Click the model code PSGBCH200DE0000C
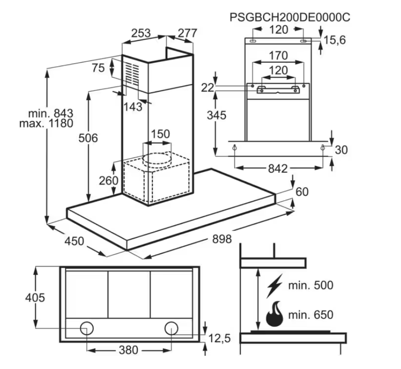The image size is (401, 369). coord(290,18)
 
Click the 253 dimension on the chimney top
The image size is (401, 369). coord(141,33)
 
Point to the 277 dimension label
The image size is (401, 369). coord(187,33)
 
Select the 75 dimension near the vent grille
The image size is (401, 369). coord(98,68)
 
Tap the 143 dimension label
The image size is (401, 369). coord(133,107)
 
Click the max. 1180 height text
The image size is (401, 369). coord(47,124)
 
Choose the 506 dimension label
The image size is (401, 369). coord(88,138)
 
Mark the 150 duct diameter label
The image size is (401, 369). coord(160,134)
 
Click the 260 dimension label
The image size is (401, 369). coord(109,181)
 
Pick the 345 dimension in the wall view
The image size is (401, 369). coord(216,115)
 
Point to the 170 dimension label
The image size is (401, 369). coord(278,56)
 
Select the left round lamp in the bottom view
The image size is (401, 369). coord(86,328)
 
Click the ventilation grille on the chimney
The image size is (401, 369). coord(132,74)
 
